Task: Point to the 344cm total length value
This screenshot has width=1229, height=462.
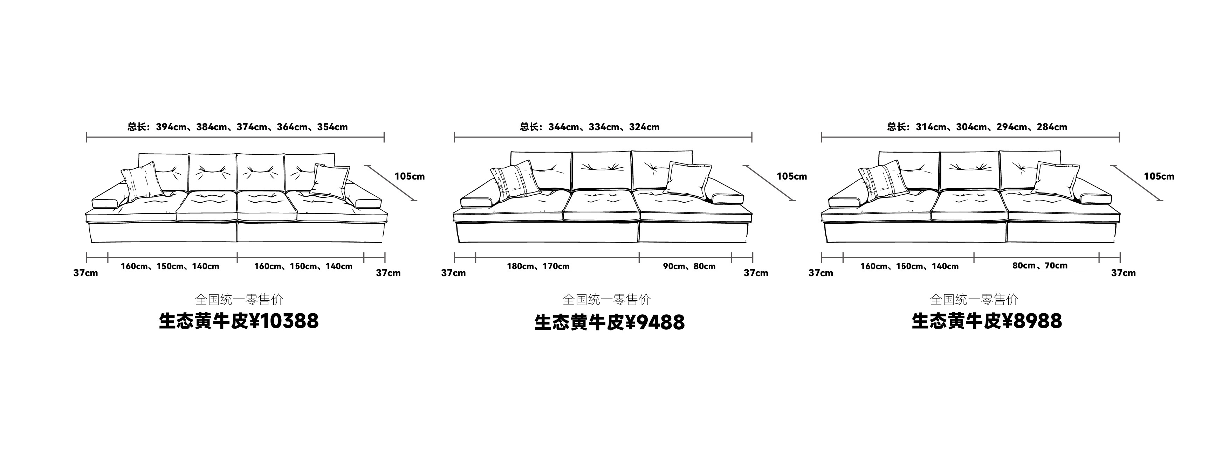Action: (x=563, y=127)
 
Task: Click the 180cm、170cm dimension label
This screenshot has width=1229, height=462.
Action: (x=538, y=266)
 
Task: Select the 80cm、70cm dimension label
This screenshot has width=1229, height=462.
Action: (x=1039, y=266)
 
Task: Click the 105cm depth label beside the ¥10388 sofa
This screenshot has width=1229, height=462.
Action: (x=409, y=176)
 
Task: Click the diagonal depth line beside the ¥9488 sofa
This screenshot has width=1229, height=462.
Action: (x=768, y=183)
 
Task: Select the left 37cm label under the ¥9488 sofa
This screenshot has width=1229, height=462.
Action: (x=453, y=273)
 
